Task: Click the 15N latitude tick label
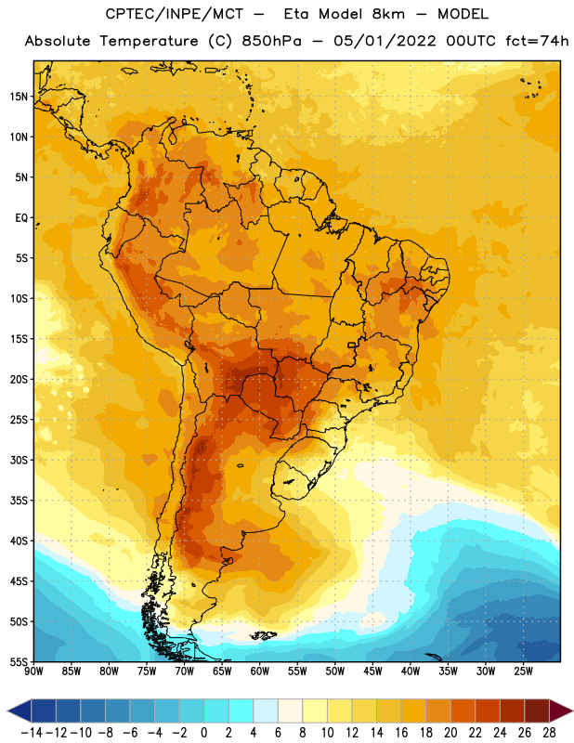19,97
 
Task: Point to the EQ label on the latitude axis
21,218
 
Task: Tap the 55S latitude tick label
19,661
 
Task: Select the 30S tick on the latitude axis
19,460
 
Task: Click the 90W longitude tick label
34,671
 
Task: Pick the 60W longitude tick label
260,671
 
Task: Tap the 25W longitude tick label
523,671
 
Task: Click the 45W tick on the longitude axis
373,671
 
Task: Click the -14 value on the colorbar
32,733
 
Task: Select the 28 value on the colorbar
549,733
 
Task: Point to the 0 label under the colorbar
203,733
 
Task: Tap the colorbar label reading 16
401,733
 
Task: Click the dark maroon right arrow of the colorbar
561,711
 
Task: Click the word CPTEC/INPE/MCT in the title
174,14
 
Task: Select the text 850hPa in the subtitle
271,41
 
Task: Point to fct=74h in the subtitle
537,41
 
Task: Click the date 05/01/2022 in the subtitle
385,41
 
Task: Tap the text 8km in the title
388,14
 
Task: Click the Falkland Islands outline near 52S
264,635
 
